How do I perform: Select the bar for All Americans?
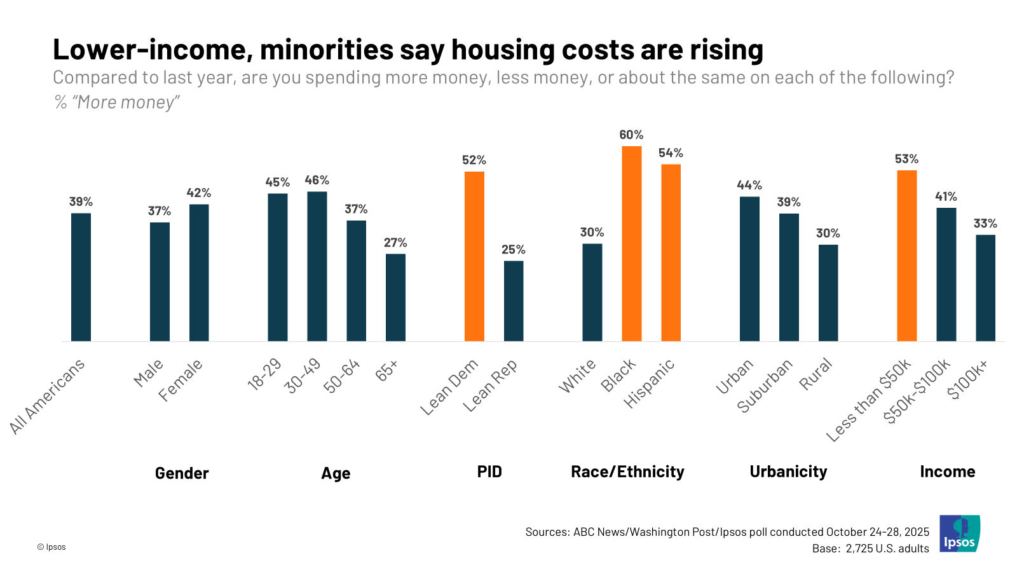(x=81, y=277)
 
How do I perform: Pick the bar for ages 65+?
(x=395, y=297)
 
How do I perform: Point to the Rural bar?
(x=828, y=293)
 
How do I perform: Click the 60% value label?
(x=631, y=135)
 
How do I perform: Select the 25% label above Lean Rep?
(x=513, y=250)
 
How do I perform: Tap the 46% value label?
(x=317, y=180)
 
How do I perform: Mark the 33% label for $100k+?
(x=985, y=224)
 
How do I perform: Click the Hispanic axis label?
(x=649, y=383)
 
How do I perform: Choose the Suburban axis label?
(x=765, y=385)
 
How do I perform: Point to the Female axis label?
(x=181, y=380)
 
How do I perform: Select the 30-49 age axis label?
(x=303, y=376)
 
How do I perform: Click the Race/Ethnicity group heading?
(x=627, y=472)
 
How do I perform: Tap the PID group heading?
(x=489, y=472)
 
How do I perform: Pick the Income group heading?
(x=947, y=472)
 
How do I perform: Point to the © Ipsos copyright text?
(x=51, y=547)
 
